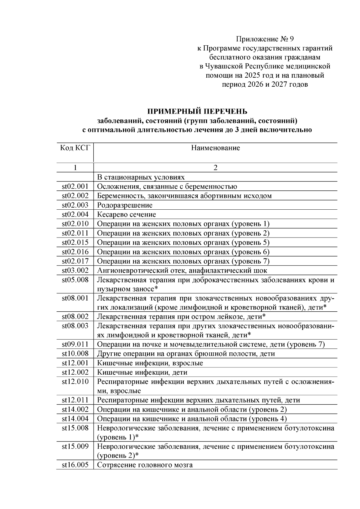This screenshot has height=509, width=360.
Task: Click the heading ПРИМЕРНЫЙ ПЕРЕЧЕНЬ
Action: click(197, 111)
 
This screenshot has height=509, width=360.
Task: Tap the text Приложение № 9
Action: click(265, 39)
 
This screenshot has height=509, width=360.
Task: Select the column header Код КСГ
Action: click(75, 148)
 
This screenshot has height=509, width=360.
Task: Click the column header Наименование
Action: click(215, 148)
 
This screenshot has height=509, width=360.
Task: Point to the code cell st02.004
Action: click(75, 214)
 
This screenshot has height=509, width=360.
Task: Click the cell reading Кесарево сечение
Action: click(127, 214)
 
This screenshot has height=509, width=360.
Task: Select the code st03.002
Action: click(75, 270)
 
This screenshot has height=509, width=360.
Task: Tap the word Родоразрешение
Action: click(125, 205)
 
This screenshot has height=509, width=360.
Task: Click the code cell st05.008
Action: click(75, 280)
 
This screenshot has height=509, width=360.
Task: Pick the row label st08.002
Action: click(75, 316)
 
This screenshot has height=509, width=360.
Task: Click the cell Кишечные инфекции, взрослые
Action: click(150, 363)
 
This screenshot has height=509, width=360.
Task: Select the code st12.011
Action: click(75, 400)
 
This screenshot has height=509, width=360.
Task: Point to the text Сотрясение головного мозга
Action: click(145, 465)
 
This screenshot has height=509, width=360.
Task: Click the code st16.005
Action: click(75, 465)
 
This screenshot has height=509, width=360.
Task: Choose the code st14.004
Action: click(75, 418)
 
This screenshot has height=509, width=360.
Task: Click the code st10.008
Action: click(75, 354)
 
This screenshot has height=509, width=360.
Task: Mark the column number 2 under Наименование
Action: click(215, 168)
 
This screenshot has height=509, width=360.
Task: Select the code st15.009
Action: click(75, 446)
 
